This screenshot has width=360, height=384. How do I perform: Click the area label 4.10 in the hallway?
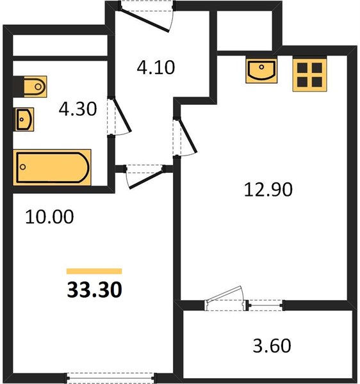156,68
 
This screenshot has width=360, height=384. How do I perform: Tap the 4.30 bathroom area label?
78,109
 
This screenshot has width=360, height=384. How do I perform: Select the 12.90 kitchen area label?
268,189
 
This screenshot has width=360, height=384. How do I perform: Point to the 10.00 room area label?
49,217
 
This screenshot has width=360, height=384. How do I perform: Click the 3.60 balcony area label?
272,346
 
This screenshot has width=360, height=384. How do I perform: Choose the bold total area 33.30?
95,289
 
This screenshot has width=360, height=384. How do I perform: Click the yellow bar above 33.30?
94,271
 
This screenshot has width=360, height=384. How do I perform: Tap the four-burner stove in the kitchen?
310,75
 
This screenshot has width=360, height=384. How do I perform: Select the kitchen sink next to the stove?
261,71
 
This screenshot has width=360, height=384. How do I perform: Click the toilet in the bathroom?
35,86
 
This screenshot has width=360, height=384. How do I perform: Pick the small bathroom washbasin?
24,120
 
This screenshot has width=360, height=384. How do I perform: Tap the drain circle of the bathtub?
23,167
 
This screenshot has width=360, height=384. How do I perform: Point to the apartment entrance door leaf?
145,20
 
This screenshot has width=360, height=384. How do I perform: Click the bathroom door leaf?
122,115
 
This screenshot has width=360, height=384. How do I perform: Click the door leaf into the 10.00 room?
146,179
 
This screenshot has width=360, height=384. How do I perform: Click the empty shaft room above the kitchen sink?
245,31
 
